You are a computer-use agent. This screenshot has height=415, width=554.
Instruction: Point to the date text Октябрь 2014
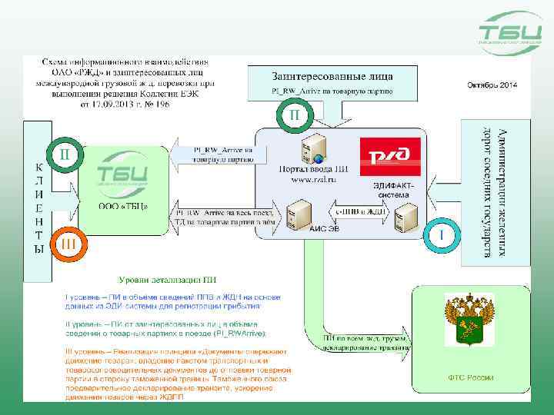coord(492,84)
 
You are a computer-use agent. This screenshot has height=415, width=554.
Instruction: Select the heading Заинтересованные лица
coord(332,76)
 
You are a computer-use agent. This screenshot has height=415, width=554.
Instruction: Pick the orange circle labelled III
coord(67,244)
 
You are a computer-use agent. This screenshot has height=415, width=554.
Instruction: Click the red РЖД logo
coord(390,157)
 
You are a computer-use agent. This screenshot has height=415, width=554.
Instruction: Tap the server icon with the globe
coord(313,148)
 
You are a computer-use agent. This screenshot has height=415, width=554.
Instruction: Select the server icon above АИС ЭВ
coord(298,210)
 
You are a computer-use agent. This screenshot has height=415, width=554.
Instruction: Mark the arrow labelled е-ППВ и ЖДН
coord(359,211)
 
